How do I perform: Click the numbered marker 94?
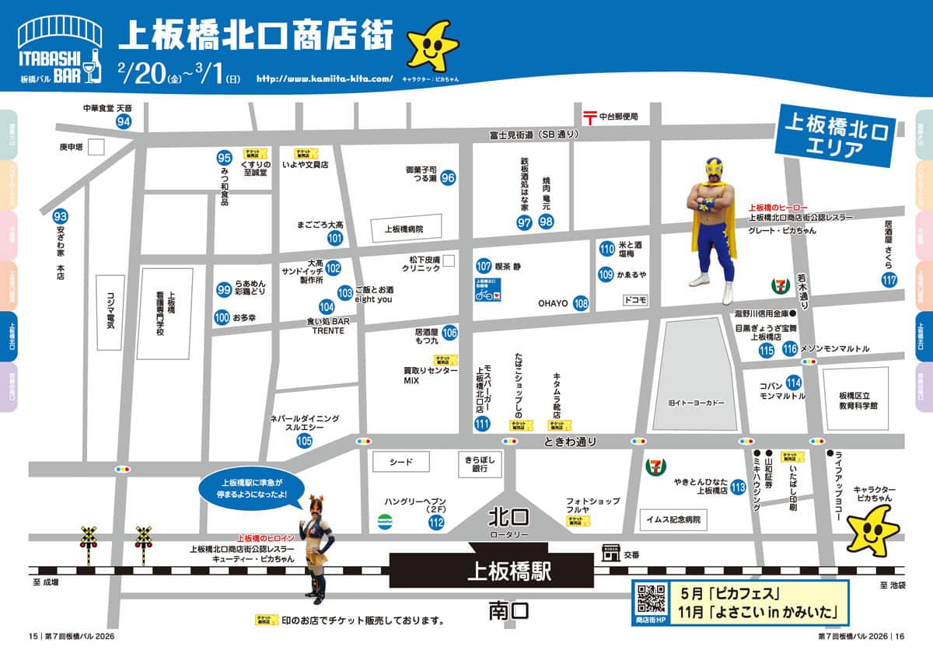pyautogui.click(x=124, y=121)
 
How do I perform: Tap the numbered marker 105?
pyautogui.click(x=304, y=441)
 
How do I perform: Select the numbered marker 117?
pyautogui.click(x=889, y=280)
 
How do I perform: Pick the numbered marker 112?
pyautogui.click(x=436, y=522)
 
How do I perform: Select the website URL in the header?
pyautogui.click(x=324, y=79)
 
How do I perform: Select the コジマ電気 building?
pyautogui.click(x=110, y=313)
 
